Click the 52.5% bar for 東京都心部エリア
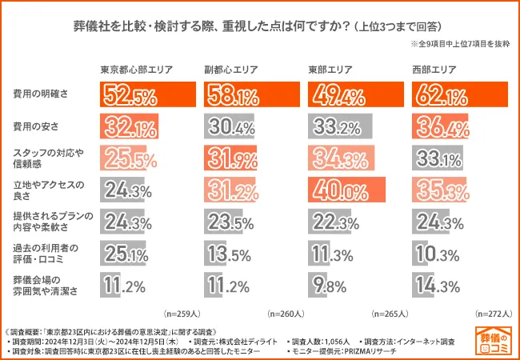click(x=148, y=95)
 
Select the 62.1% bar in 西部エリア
click(x=460, y=95)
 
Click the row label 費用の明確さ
click(x=39, y=95)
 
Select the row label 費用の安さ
click(x=35, y=126)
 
